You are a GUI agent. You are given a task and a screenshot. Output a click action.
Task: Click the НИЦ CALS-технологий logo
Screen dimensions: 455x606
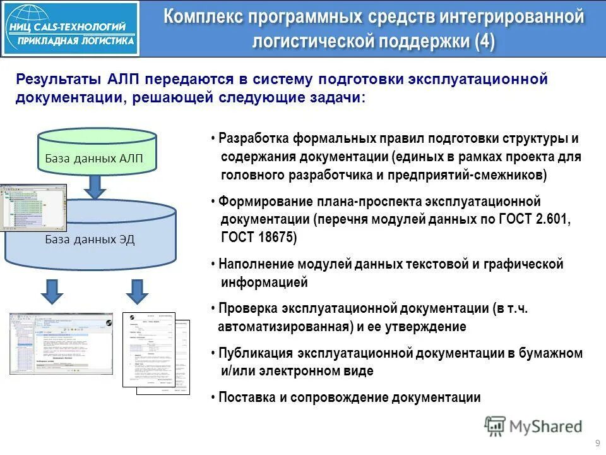pyautogui.click(x=70, y=28)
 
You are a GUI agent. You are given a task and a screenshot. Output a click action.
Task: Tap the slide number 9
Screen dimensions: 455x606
pyautogui.click(x=597, y=442)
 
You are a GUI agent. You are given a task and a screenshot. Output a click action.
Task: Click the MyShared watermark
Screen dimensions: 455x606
pyautogui.click(x=533, y=427)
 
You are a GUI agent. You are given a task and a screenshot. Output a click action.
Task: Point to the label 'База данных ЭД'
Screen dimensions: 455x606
pyautogui.click(x=90, y=240)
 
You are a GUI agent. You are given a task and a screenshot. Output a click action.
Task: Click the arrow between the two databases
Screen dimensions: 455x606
pyautogui.click(x=95, y=185)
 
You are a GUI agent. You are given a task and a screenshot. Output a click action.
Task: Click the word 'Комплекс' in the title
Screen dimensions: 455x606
pyautogui.click(x=202, y=17)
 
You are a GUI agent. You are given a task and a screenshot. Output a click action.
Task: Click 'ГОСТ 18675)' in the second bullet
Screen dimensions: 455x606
pyautogui.click(x=258, y=238)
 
